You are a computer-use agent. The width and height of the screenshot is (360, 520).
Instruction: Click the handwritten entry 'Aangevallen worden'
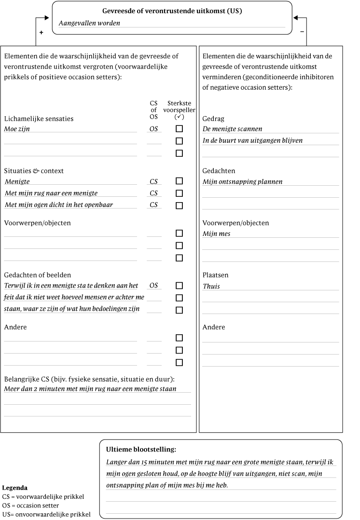[89, 23]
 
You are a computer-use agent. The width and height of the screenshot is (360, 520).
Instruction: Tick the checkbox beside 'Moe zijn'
[179, 129]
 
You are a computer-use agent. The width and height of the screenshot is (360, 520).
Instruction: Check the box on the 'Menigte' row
[179, 181]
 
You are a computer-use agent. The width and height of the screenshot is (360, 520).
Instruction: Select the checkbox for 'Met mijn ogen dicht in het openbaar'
[179, 205]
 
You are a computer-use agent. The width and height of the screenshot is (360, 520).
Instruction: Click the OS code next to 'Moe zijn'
[153, 129]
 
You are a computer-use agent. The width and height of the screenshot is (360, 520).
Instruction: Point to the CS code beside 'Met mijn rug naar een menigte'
[153, 193]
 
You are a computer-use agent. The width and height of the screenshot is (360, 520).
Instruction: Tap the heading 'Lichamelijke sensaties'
[39, 119]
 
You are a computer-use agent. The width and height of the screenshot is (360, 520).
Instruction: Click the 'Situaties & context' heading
[34, 171]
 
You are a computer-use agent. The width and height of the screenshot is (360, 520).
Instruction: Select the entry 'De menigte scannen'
[233, 129]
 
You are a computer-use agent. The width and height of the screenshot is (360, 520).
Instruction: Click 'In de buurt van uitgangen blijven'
[252, 140]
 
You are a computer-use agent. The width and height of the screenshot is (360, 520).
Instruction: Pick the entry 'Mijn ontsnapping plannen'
[242, 181]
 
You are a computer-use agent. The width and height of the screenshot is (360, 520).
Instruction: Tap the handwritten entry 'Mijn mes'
[216, 233]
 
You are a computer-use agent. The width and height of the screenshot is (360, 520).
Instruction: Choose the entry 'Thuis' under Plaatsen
[211, 286]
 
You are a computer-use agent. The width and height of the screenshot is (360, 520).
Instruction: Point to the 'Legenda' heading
[14, 488]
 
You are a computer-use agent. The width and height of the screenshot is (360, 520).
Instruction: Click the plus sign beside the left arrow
[41, 32]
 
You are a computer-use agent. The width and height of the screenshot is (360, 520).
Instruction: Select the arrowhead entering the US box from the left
[47, 18]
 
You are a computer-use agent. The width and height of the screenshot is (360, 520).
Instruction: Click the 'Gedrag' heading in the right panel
[213, 119]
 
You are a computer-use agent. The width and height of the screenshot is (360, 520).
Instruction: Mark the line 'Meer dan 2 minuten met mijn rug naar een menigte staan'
[90, 388]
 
